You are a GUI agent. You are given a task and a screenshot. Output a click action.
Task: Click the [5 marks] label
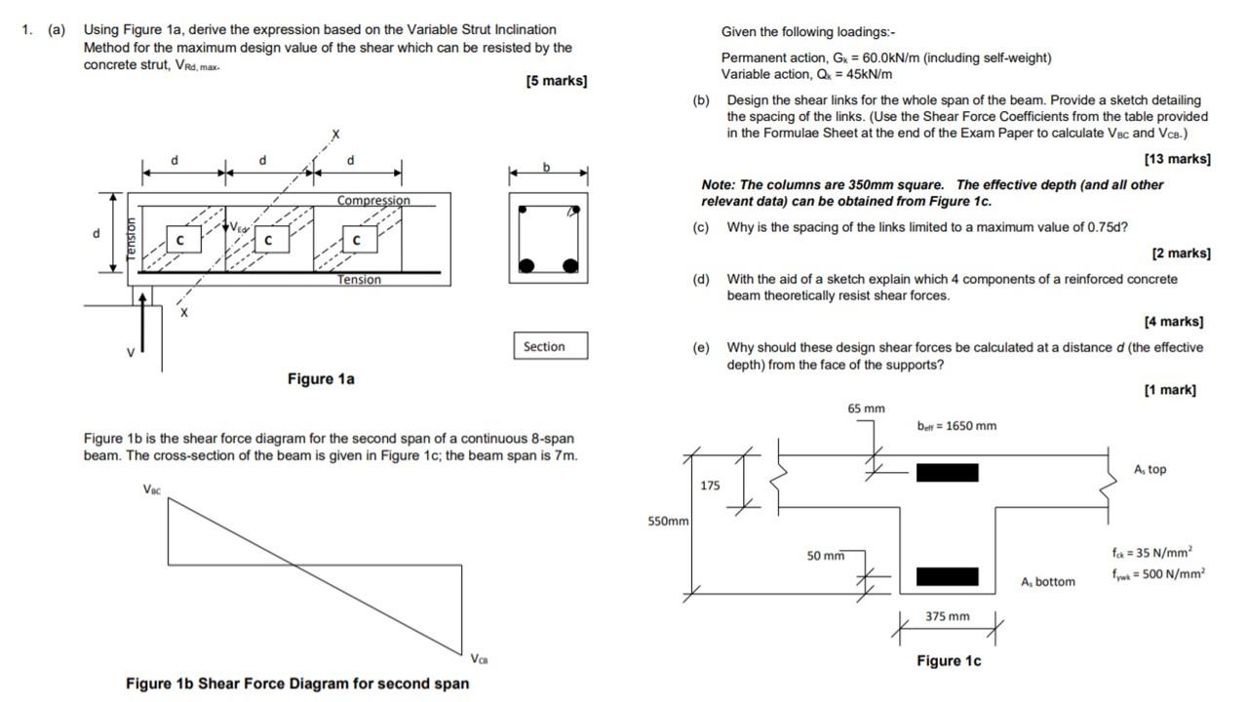(556, 81)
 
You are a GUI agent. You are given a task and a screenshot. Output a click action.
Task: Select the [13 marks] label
(1177, 159)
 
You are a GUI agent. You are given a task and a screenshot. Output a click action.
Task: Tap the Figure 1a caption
(321, 378)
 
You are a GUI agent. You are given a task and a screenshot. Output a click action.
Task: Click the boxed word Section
(544, 346)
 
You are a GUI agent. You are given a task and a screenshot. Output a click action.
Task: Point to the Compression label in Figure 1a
(373, 201)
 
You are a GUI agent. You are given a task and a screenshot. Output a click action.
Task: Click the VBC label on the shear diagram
(154, 489)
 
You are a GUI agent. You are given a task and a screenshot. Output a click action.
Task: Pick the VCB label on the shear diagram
(479, 658)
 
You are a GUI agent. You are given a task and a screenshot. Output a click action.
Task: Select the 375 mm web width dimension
(947, 616)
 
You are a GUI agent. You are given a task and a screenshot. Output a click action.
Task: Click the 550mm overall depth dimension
(668, 522)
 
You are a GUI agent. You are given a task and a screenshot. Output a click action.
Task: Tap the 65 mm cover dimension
(866, 409)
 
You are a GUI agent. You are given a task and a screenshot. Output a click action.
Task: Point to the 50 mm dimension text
(826, 556)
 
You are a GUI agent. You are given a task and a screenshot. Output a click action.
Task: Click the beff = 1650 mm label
(956, 426)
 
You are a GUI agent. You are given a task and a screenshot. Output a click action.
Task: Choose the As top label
(1150, 469)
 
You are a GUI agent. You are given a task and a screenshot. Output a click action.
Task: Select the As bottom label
(1048, 582)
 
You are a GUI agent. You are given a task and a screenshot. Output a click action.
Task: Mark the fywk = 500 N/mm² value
(1157, 574)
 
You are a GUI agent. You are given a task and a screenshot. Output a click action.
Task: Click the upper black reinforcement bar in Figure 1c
(947, 473)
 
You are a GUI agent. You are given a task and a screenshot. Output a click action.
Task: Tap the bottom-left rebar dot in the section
(526, 265)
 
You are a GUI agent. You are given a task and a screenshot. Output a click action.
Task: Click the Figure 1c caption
(948, 661)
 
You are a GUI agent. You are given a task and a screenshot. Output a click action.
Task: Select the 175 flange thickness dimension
(710, 486)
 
